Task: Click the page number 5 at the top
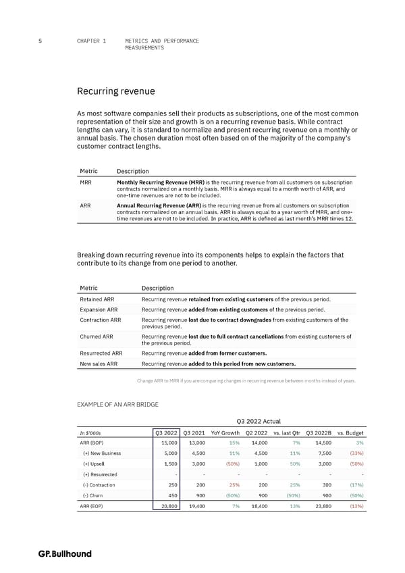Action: (x=42, y=41)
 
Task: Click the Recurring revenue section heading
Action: (x=116, y=91)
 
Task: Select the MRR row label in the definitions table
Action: (x=86, y=183)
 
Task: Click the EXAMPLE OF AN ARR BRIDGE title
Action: (x=118, y=405)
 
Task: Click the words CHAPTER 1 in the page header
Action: (x=92, y=41)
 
